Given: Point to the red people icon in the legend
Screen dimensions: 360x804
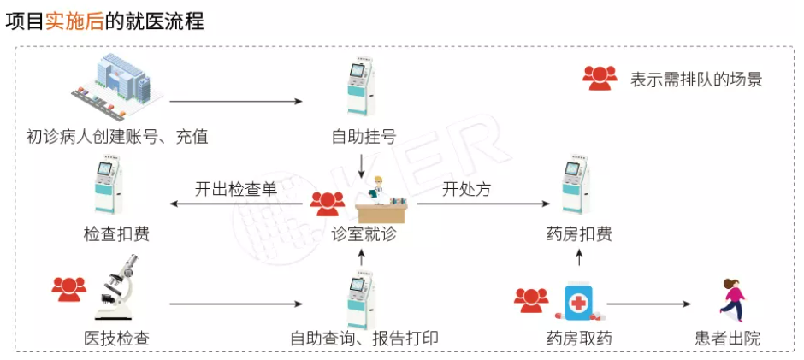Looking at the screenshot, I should pos(600,79).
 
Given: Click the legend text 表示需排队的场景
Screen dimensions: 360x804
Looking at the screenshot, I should pos(696,80).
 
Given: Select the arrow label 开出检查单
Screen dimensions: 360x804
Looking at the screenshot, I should pos(235,190).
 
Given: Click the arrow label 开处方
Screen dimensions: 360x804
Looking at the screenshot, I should pos(466,190).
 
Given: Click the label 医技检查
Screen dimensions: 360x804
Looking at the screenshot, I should pos(117,338).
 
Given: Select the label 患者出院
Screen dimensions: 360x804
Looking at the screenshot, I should pos(728,338).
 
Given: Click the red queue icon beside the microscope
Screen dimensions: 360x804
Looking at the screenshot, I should pos(69,288).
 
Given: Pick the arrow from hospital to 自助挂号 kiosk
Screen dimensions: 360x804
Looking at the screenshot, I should pos(236,102).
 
